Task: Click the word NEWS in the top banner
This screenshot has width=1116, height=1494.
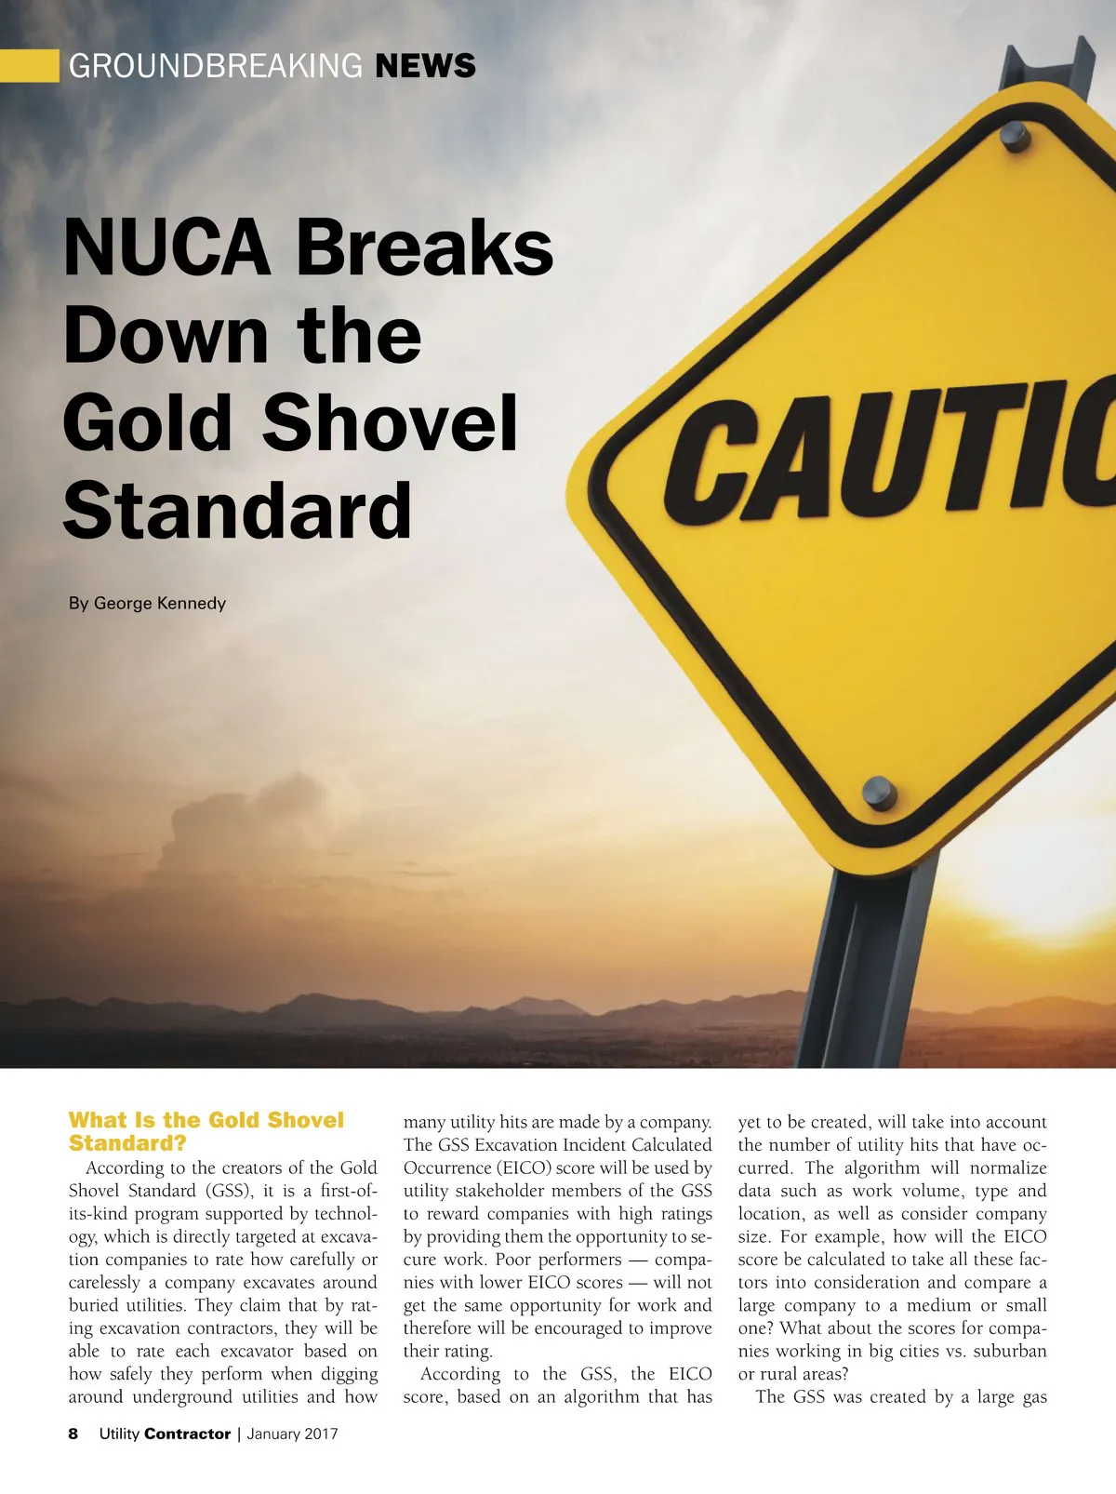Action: click(425, 66)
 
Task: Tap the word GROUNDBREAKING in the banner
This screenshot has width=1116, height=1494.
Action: click(216, 66)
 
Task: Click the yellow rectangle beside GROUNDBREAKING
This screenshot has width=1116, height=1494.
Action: click(29, 66)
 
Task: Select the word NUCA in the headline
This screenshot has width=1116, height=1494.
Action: click(166, 248)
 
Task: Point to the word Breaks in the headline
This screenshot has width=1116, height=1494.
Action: click(424, 248)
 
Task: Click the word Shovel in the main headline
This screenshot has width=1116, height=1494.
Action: click(390, 423)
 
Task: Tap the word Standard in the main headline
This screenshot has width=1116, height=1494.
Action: click(237, 510)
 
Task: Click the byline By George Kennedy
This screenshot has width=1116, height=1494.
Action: click(147, 603)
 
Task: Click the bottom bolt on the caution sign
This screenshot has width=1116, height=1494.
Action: click(879, 793)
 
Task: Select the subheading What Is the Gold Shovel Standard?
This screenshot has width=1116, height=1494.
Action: click(206, 1131)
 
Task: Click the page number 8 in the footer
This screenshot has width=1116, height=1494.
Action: click(73, 1434)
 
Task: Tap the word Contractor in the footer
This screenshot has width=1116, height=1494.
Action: click(187, 1434)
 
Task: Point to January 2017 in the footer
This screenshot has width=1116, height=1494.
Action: click(292, 1434)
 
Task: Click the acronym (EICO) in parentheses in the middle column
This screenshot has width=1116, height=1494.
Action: click(524, 1168)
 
